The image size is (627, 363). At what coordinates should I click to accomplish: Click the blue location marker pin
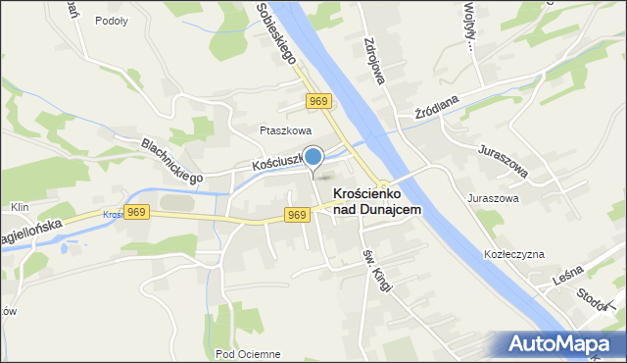(x=313, y=156)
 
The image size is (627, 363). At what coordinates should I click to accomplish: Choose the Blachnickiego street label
(x=171, y=160)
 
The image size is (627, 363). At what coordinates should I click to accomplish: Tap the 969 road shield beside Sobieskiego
(x=317, y=101)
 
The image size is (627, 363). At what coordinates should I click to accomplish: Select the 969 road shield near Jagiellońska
(x=137, y=213)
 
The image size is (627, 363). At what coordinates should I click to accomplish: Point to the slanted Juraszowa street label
(x=504, y=162)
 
